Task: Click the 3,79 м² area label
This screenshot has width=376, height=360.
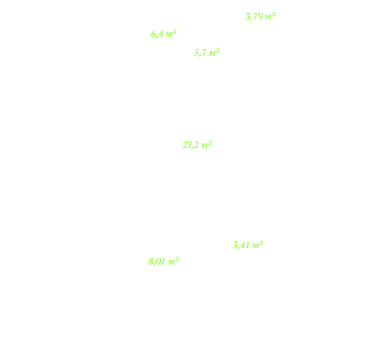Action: pyautogui.click(x=260, y=16)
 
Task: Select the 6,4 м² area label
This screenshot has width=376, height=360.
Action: pyautogui.click(x=163, y=34)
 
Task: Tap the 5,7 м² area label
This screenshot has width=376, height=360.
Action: pyautogui.click(x=207, y=52)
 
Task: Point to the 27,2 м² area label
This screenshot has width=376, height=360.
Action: pyautogui.click(x=197, y=145)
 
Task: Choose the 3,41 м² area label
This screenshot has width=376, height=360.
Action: pyautogui.click(x=248, y=245)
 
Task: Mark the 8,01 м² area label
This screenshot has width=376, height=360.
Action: pyautogui.click(x=163, y=261)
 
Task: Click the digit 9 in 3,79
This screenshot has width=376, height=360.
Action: pyautogui.click(x=260, y=17)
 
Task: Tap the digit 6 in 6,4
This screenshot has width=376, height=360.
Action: pyautogui.click(x=154, y=34)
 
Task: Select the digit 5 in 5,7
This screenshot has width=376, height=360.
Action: pyautogui.click(x=197, y=53)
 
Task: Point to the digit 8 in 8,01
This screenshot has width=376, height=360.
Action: pyautogui.click(x=151, y=262)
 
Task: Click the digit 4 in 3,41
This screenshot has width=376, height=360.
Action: pyautogui.click(x=245, y=245)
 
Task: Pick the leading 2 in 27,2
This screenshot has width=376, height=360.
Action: pyautogui.click(x=185, y=145)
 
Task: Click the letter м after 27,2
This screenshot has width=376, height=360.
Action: pyautogui.click(x=204, y=146)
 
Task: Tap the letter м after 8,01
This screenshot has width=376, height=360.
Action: pyautogui.click(x=171, y=262)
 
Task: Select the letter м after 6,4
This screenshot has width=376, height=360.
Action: pyautogui.click(x=169, y=35)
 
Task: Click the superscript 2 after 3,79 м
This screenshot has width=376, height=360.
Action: pyautogui.click(x=273, y=14)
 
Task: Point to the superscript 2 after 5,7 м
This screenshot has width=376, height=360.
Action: pyautogui.click(x=218, y=50)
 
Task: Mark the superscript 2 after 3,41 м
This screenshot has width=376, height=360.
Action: pyautogui.click(x=261, y=243)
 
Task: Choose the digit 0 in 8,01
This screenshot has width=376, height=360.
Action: pyautogui.click(x=158, y=262)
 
